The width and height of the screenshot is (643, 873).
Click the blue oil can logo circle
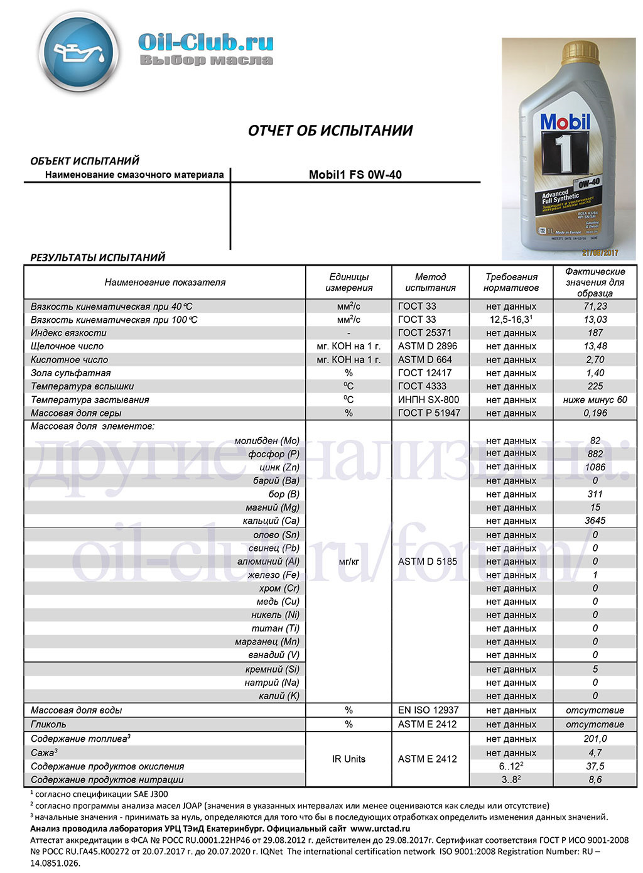(79, 52)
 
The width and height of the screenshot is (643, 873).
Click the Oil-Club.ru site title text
(205, 42)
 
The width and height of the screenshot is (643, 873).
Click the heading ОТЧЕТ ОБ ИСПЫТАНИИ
(330, 131)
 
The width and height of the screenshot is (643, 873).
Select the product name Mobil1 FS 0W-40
(355, 175)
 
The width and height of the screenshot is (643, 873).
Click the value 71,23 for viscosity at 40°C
(595, 306)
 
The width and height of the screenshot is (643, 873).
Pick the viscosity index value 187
(595, 333)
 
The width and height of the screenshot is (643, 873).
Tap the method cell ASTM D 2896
(428, 346)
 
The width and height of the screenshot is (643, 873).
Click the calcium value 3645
(595, 521)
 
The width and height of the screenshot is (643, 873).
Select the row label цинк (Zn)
(279, 467)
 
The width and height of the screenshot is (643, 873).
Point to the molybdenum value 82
(595, 441)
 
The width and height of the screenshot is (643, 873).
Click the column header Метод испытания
(430, 282)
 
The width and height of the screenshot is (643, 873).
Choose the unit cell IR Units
(349, 759)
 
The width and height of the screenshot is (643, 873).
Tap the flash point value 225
(595, 386)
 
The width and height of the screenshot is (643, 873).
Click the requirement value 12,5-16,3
(511, 320)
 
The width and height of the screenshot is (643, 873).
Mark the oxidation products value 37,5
(595, 766)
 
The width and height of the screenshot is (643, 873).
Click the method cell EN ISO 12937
(428, 710)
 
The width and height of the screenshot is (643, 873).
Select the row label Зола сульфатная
(70, 373)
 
